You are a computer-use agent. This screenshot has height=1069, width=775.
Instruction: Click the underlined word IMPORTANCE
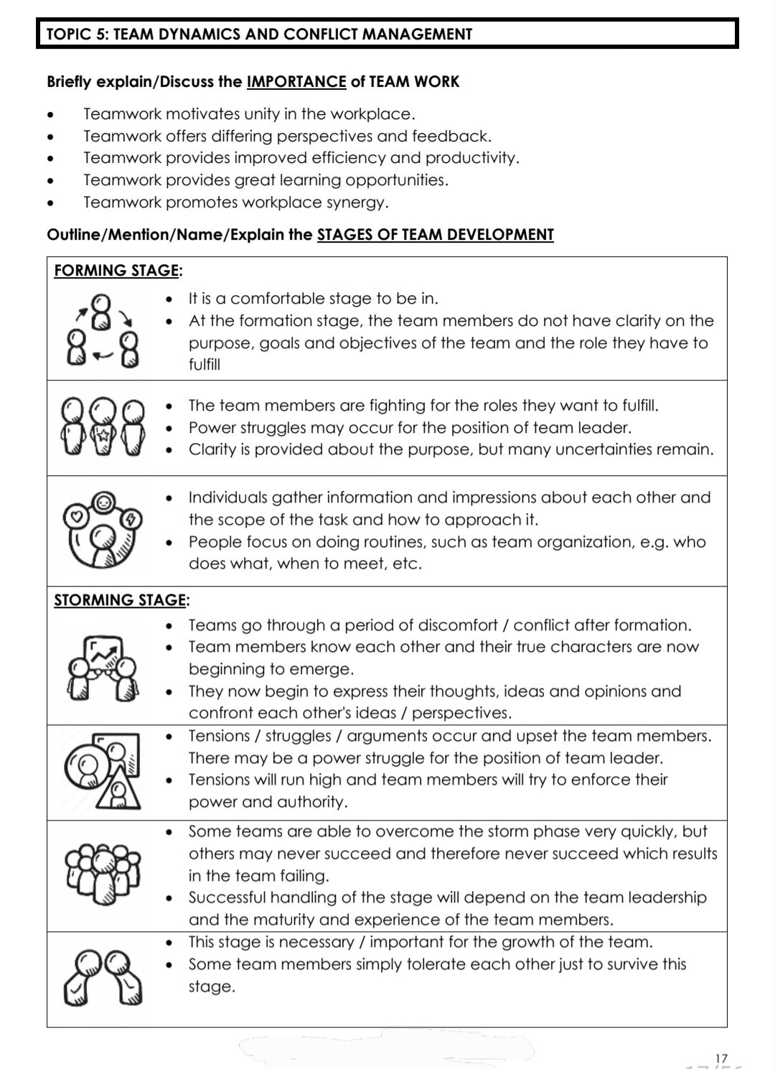click(x=296, y=82)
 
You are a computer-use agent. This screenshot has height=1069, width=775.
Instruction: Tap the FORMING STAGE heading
click(x=116, y=271)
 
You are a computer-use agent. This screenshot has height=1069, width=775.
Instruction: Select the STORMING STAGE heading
click(x=119, y=600)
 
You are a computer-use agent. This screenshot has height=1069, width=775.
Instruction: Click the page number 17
click(x=721, y=1058)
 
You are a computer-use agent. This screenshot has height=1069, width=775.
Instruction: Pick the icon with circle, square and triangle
click(x=103, y=772)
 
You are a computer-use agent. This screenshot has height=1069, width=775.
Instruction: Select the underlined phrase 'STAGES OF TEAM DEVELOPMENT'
click(x=435, y=235)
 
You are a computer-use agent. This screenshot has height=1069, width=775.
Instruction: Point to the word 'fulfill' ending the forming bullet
click(x=205, y=365)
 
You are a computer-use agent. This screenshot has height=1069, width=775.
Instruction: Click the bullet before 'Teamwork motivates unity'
click(x=50, y=115)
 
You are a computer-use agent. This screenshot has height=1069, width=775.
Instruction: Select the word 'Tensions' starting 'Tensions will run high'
click(x=221, y=780)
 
